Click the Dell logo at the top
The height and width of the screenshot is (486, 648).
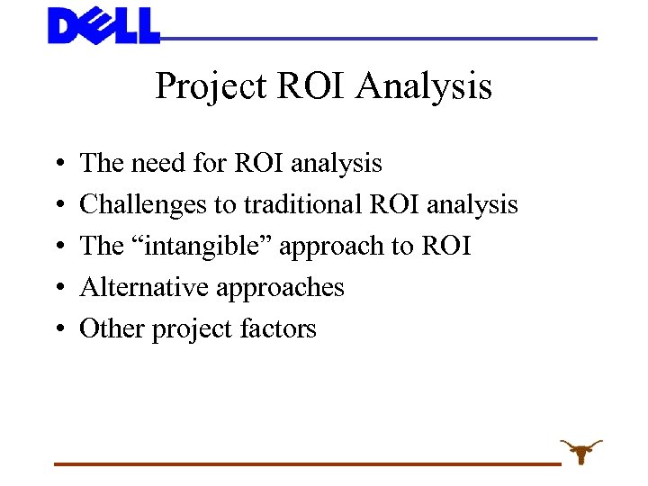tap(103, 25)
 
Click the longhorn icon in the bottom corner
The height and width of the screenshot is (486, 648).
tap(580, 449)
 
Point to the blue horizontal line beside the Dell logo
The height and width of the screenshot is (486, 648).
tap(378, 39)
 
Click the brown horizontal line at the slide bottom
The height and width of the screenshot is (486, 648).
tap(306, 463)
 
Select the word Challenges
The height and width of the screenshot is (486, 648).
tap(144, 205)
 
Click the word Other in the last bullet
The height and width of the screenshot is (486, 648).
tap(112, 328)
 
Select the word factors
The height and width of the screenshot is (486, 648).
tap(277, 329)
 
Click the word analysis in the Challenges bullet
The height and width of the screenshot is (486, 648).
tap(472, 205)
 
